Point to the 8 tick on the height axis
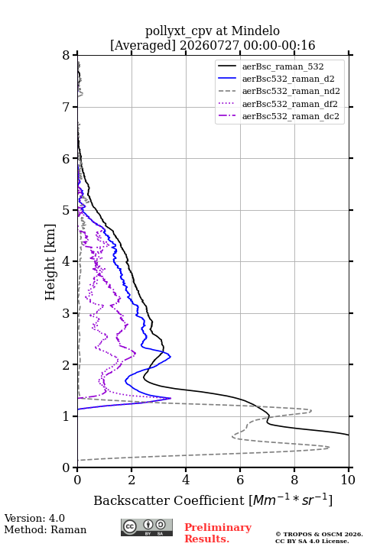(x=66, y=56)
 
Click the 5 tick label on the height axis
(x=66, y=211)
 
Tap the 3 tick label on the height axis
(x=66, y=313)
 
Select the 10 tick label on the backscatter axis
(x=348, y=480)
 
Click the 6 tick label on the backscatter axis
(x=240, y=480)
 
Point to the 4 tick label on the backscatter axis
(x=186, y=480)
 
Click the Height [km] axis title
(x=50, y=262)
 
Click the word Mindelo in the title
(x=255, y=31)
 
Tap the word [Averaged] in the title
(x=143, y=45)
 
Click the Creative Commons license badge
(x=147, y=528)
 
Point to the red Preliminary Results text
(x=218, y=533)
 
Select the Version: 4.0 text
(x=34, y=518)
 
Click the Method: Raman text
(x=45, y=529)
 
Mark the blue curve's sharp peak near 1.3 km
(x=171, y=398)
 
